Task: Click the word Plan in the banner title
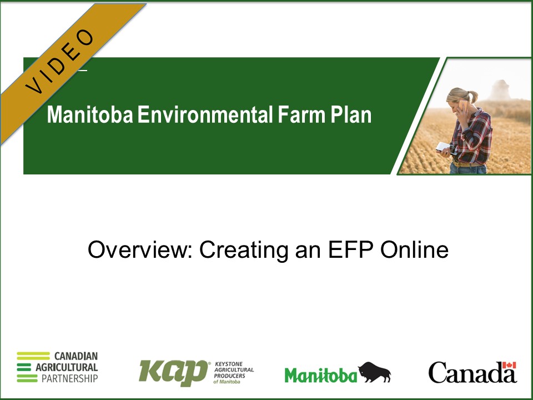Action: tap(351, 115)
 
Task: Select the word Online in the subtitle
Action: tap(414, 250)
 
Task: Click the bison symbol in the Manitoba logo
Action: tap(374, 372)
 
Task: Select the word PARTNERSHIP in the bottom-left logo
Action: tap(67, 378)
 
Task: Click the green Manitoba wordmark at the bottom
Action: tap(320, 375)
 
